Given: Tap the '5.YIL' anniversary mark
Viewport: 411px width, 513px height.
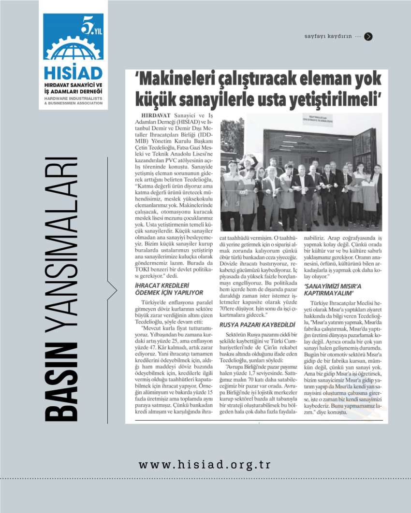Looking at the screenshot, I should click(92, 28).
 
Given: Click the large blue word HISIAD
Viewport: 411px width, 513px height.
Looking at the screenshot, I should click(73, 73).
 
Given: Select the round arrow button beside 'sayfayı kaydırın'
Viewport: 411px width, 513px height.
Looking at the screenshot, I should click(368, 36).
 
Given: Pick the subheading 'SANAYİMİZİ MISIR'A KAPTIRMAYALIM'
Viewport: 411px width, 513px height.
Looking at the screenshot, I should click(333, 289).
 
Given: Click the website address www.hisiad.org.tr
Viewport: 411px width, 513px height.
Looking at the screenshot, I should click(205, 465).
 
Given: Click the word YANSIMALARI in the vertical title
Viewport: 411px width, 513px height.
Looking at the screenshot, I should click(60, 246).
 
